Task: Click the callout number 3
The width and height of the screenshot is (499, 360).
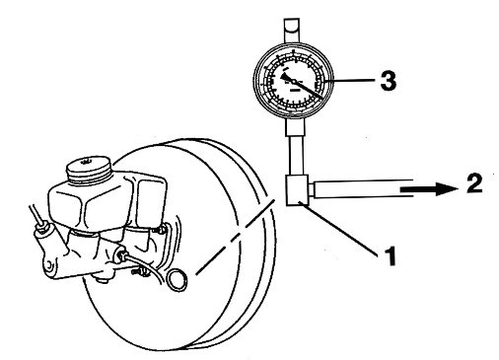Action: (x=389, y=82)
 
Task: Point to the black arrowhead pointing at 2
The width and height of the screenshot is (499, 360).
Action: (x=437, y=184)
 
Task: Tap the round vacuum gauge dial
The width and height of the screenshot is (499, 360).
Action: (x=295, y=82)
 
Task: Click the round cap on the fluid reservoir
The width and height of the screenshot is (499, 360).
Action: (x=90, y=161)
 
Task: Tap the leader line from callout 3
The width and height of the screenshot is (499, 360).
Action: (x=356, y=83)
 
